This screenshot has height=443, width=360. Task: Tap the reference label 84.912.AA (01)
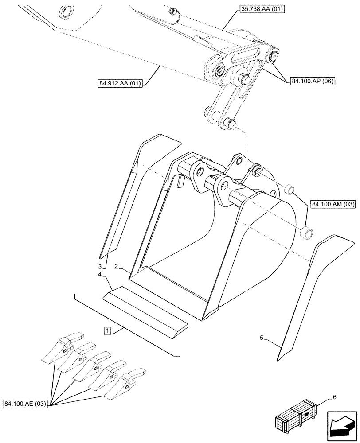pyautogui.click(x=118, y=83)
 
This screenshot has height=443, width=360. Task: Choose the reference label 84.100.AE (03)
pyautogui.click(x=26, y=404)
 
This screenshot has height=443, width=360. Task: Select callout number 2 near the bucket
pyautogui.click(x=116, y=267)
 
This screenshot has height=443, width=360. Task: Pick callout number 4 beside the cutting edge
pyautogui.click(x=101, y=275)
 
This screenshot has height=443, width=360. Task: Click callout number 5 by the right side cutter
pyautogui.click(x=262, y=338)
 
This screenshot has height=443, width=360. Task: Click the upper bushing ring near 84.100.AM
pyautogui.click(x=289, y=190)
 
